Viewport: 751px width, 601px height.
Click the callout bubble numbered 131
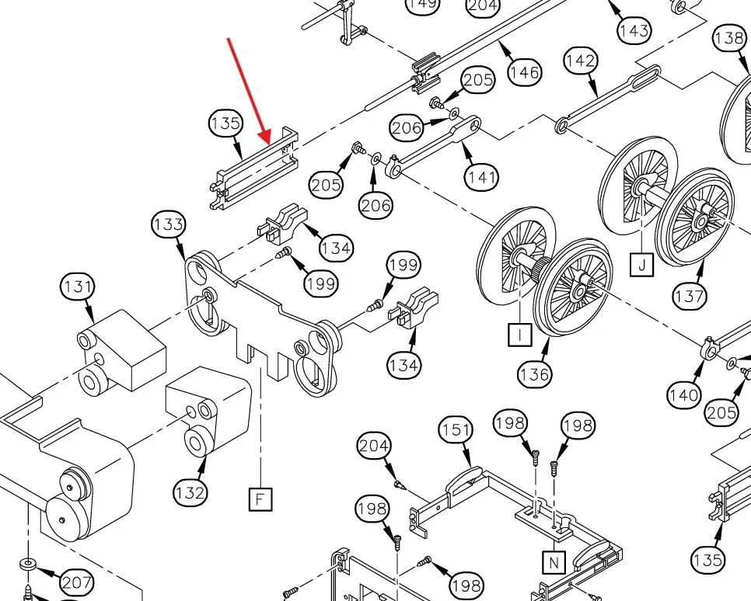[x=78, y=287]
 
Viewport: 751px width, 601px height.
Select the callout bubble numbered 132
[x=190, y=492]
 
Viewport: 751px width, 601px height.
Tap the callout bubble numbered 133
[x=168, y=225]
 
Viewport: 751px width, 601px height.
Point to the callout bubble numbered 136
[x=534, y=373]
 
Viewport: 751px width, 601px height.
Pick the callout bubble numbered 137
[x=690, y=295]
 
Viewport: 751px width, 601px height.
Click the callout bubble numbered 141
[x=482, y=177]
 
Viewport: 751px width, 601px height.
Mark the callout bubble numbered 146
[x=524, y=72]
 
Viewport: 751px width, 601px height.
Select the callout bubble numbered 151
[x=456, y=429]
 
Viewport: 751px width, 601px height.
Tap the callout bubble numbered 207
[x=76, y=582]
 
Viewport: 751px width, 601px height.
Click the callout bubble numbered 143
[x=634, y=31]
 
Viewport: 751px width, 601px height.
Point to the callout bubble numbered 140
[x=683, y=395]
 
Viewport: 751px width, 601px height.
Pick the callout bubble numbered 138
[x=729, y=37]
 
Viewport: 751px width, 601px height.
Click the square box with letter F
[x=260, y=499]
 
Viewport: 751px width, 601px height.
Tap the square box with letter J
[x=641, y=265]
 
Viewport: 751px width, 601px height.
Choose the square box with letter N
[x=553, y=561]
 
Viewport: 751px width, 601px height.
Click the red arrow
[x=249, y=89]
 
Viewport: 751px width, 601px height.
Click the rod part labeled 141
[x=435, y=144]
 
